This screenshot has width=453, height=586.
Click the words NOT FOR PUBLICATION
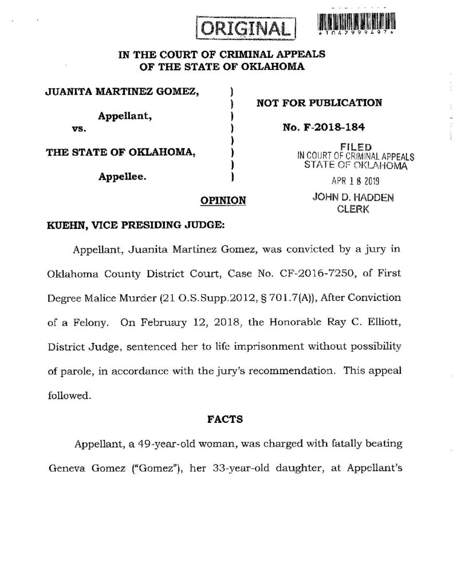(x=319, y=103)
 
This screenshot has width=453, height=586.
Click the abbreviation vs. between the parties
(x=78, y=129)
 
